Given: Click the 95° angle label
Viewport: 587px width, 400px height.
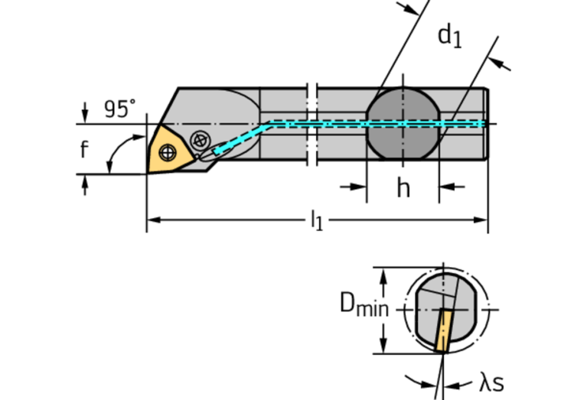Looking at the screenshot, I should [119, 109].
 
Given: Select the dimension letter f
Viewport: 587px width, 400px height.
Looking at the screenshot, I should [84, 149].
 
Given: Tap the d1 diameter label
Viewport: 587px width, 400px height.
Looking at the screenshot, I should [449, 35].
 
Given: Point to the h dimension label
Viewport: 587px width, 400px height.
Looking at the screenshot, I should [403, 187].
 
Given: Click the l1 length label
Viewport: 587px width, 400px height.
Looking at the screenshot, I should [316, 221].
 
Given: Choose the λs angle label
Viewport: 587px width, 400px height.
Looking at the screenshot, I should [491, 383].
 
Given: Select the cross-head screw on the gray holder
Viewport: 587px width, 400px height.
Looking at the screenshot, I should [201, 139].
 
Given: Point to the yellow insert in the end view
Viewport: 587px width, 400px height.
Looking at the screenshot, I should [442, 330].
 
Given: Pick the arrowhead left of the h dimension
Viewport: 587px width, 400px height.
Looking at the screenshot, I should [360, 187].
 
